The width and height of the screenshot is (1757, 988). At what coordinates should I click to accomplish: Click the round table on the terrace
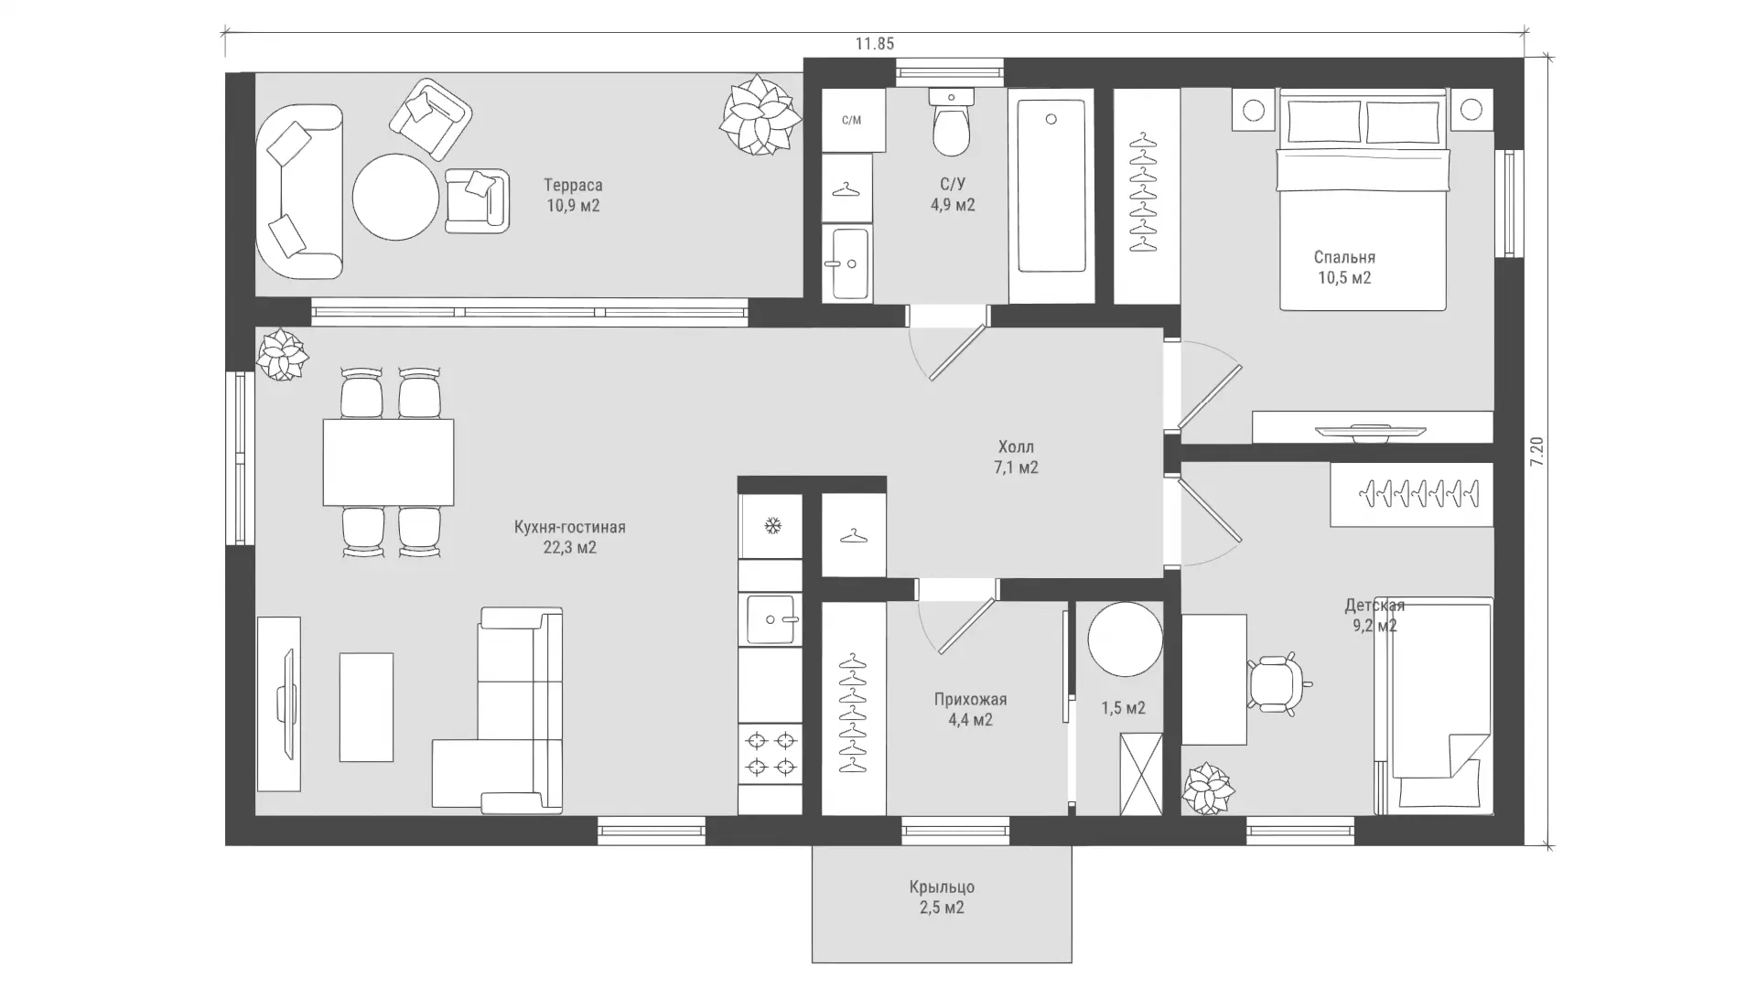pyautogui.click(x=396, y=197)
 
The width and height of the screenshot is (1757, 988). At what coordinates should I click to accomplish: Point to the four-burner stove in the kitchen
pyautogui.click(x=771, y=753)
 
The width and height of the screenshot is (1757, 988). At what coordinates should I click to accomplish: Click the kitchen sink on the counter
pyautogui.click(x=771, y=619)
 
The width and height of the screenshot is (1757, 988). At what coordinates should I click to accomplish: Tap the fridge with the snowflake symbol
pyautogui.click(x=771, y=526)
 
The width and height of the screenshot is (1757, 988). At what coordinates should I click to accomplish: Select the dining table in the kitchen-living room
pyautogui.click(x=388, y=462)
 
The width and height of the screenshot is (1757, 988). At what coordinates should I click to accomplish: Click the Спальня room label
pyautogui.click(x=1344, y=257)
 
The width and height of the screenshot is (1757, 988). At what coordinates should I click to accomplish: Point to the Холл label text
pyautogui.click(x=1017, y=446)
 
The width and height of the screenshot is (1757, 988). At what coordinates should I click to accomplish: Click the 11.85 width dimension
pyautogui.click(x=875, y=43)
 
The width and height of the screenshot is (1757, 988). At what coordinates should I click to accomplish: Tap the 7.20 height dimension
pyautogui.click(x=1537, y=453)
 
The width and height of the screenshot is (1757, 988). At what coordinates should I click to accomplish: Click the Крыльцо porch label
pyautogui.click(x=942, y=887)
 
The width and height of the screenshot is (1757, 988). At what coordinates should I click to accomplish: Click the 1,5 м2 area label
pyautogui.click(x=1123, y=708)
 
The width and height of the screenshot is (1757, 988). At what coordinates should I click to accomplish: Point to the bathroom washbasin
pyautogui.click(x=846, y=263)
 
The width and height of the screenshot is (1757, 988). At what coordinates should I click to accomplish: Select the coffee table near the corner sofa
pyautogui.click(x=366, y=707)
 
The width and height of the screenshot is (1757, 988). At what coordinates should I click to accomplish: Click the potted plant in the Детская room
pyautogui.click(x=1208, y=788)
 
